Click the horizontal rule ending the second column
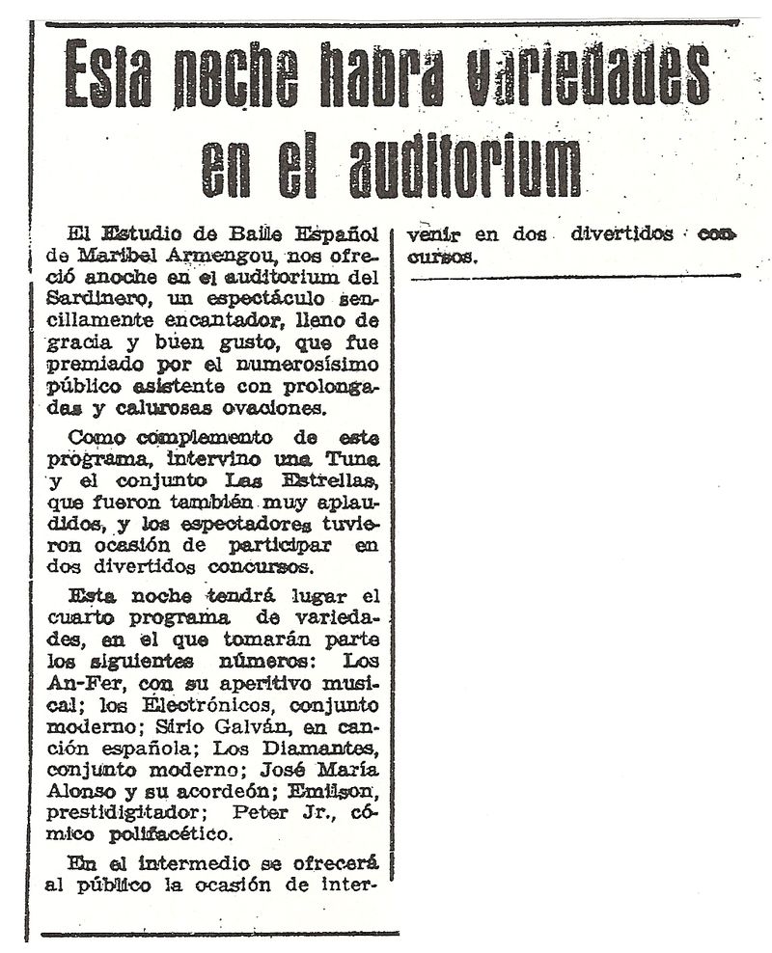(575, 277)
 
